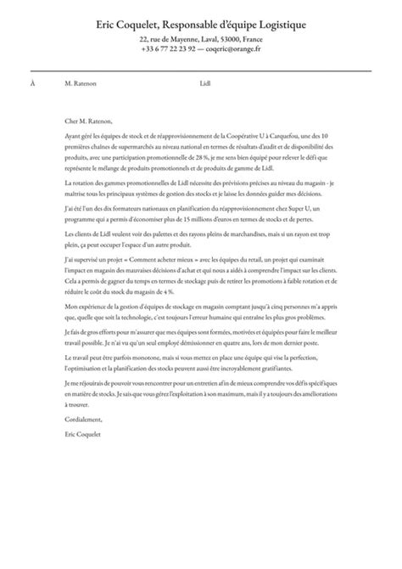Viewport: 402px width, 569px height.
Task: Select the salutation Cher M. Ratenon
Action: (x=87, y=121)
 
